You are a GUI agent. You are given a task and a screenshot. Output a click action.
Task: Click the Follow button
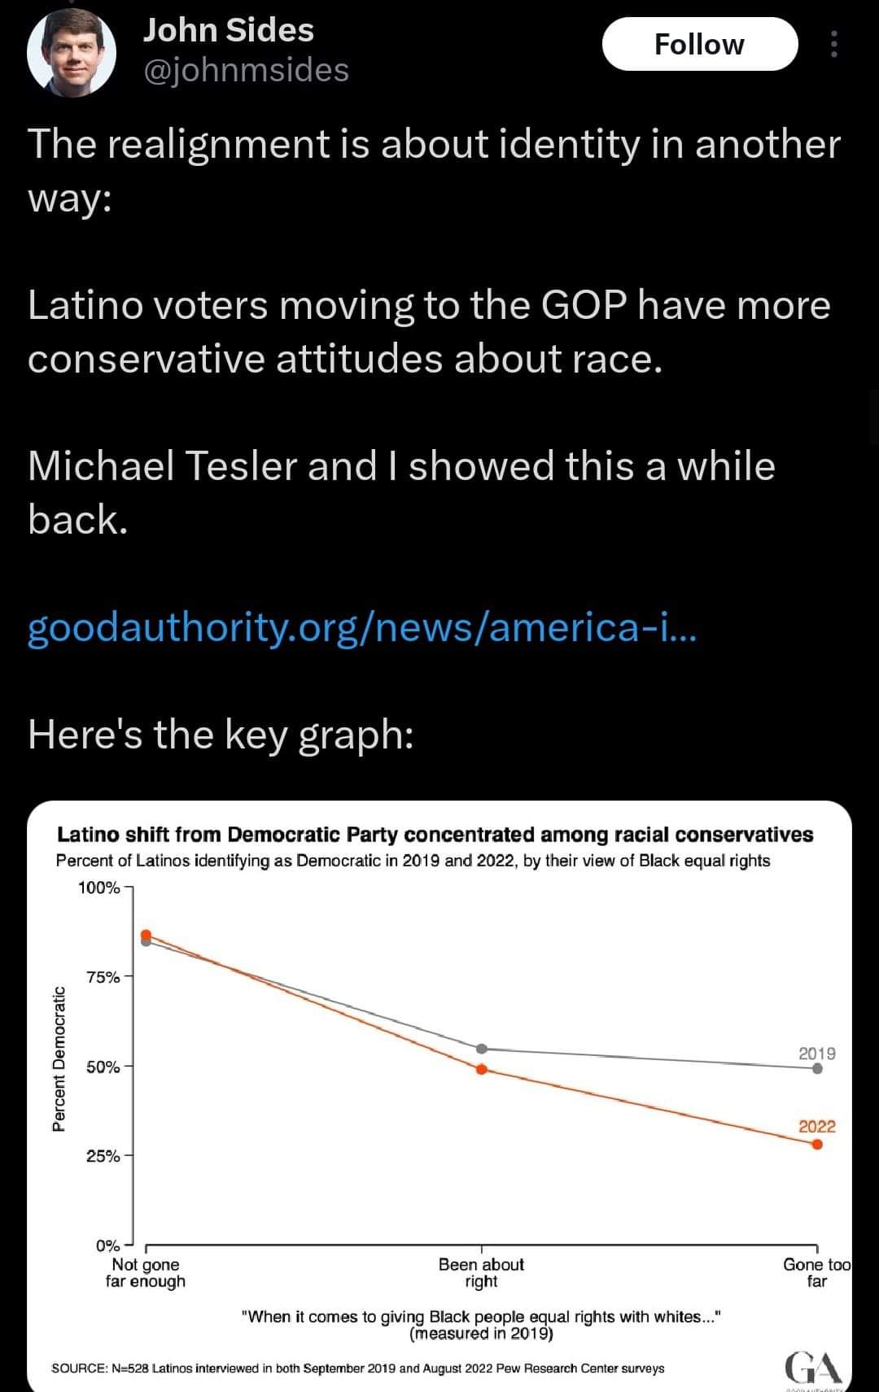coord(699,44)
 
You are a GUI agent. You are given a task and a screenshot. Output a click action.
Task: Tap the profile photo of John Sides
coord(72,54)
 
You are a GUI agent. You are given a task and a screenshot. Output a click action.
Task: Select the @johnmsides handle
coord(246,70)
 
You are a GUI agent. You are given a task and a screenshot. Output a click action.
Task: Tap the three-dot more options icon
coord(833,44)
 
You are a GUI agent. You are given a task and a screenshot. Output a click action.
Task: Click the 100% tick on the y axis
coord(98,888)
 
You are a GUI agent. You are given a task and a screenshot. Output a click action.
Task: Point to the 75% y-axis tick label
coord(103,977)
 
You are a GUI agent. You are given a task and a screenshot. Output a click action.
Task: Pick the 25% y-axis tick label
coord(103,1156)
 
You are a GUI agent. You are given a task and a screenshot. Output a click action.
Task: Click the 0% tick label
coord(107,1246)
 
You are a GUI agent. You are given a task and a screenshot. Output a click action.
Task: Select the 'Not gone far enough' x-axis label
coord(146,1273)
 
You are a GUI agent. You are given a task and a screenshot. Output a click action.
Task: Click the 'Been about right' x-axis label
coord(481,1273)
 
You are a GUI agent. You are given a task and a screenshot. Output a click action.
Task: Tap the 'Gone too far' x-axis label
coord(816,1273)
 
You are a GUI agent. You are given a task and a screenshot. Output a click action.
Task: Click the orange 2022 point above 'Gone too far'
coord(817,1145)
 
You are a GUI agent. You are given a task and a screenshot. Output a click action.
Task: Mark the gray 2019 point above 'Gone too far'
coord(817,1069)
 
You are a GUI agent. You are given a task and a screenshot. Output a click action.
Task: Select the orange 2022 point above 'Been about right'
coord(481,1069)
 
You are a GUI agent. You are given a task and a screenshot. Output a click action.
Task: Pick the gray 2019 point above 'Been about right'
coord(481,1049)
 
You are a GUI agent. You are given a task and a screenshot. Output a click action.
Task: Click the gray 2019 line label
coord(817,1054)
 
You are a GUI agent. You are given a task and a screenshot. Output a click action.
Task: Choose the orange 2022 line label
coord(817,1127)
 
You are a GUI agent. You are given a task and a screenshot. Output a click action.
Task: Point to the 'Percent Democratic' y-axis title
coord(59,1058)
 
